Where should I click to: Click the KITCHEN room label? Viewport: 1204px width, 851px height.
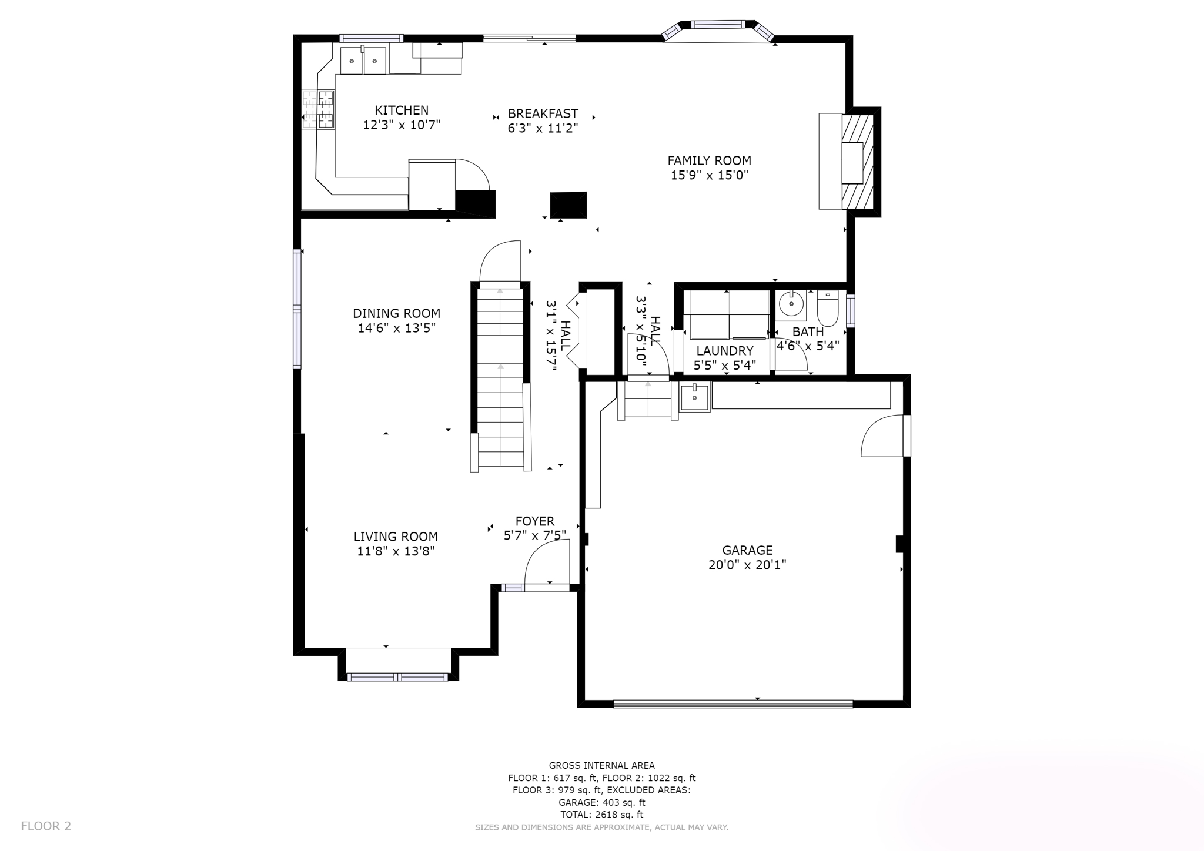coord(402,110)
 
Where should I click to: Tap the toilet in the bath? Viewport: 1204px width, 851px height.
coord(827,308)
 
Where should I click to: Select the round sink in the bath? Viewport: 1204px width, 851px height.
coord(791,304)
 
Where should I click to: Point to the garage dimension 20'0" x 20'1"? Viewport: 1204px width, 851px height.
coord(747,565)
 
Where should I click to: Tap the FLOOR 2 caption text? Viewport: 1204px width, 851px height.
coord(46,826)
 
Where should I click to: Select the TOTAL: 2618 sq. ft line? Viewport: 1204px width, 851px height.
coord(601,815)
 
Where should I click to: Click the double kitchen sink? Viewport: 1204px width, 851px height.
coord(363,61)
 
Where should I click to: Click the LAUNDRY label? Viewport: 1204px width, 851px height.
coord(724,351)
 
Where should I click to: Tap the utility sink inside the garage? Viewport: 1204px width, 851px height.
coord(694,397)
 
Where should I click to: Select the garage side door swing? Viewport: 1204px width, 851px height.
coord(881,436)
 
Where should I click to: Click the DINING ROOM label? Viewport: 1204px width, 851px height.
coord(396,313)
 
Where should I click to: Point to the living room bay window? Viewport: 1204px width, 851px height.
coord(398,676)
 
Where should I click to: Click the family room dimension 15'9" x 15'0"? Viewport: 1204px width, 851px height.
coord(709,175)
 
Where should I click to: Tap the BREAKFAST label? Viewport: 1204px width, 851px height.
coord(543,113)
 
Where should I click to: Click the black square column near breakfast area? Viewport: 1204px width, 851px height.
coord(568,205)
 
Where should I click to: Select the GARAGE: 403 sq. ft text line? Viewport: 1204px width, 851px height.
coord(601,802)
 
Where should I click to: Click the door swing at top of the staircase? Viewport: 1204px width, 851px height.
coord(500,261)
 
